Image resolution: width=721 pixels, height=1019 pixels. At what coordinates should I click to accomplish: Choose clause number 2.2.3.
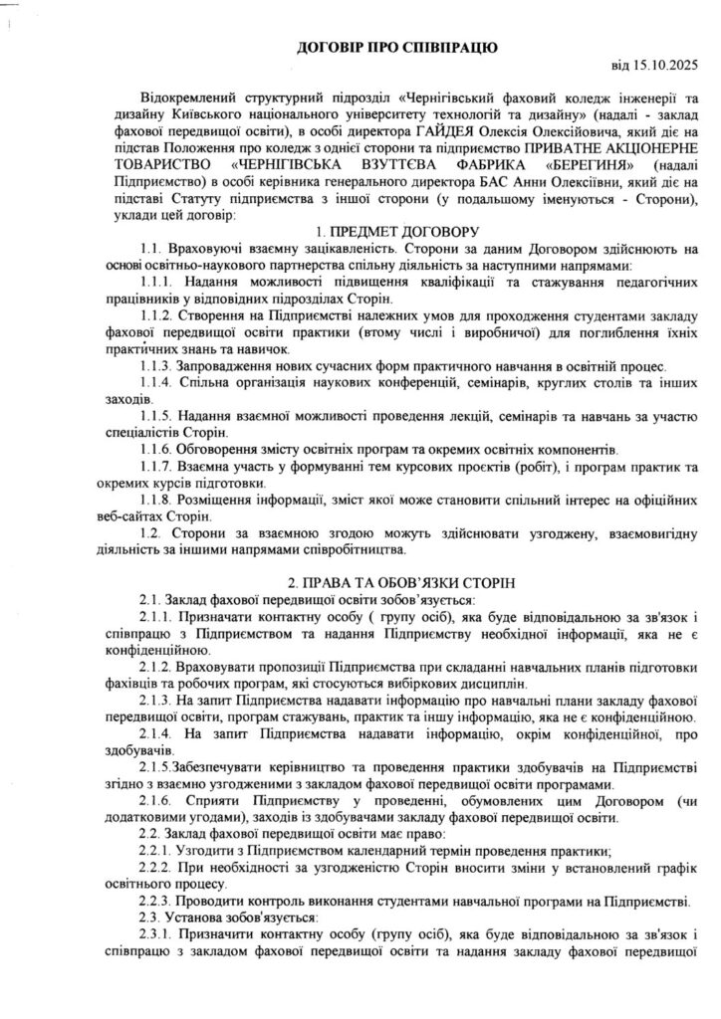(157, 901)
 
